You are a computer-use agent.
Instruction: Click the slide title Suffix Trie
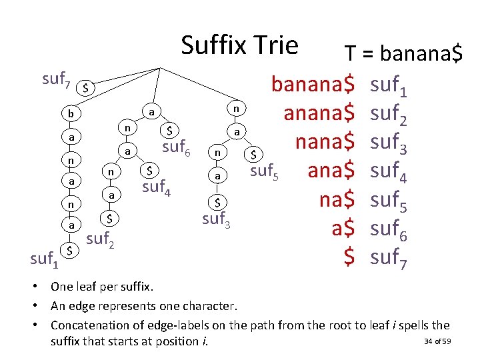(239, 45)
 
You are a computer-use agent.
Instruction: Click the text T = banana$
(403, 54)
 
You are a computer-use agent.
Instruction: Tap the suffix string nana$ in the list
(325, 142)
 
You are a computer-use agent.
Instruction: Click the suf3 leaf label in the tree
(217, 217)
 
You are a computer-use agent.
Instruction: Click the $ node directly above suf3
(216, 201)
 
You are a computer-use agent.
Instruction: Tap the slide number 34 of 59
(437, 342)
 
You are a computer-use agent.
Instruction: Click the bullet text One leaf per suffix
(102, 287)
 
